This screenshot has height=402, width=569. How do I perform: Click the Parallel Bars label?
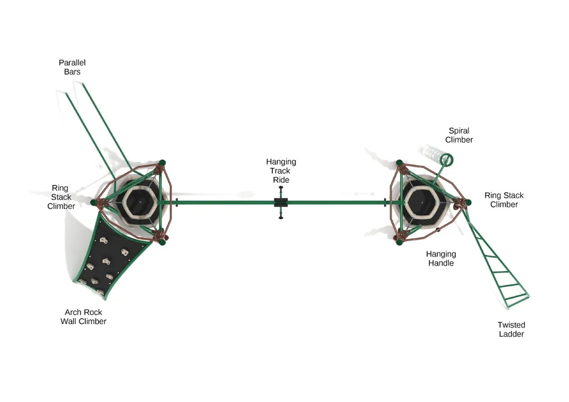72,67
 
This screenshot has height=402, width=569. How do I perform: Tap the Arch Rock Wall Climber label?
83,317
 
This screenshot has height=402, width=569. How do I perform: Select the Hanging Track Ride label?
281,171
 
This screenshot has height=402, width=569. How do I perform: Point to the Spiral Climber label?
459,135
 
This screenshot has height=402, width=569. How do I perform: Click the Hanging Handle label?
441,259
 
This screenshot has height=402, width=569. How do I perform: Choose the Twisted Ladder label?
511,329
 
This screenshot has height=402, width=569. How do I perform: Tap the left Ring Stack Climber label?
61,197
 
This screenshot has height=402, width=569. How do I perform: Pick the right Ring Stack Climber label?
504,200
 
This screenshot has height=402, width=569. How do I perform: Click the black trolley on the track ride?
281,203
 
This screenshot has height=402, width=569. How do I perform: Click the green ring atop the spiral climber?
446,160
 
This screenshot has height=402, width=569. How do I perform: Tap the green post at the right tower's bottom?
399,241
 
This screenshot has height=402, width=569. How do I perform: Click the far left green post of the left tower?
94,203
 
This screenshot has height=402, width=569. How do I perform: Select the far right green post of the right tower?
468,202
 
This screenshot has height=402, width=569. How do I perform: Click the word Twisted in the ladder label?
511,325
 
